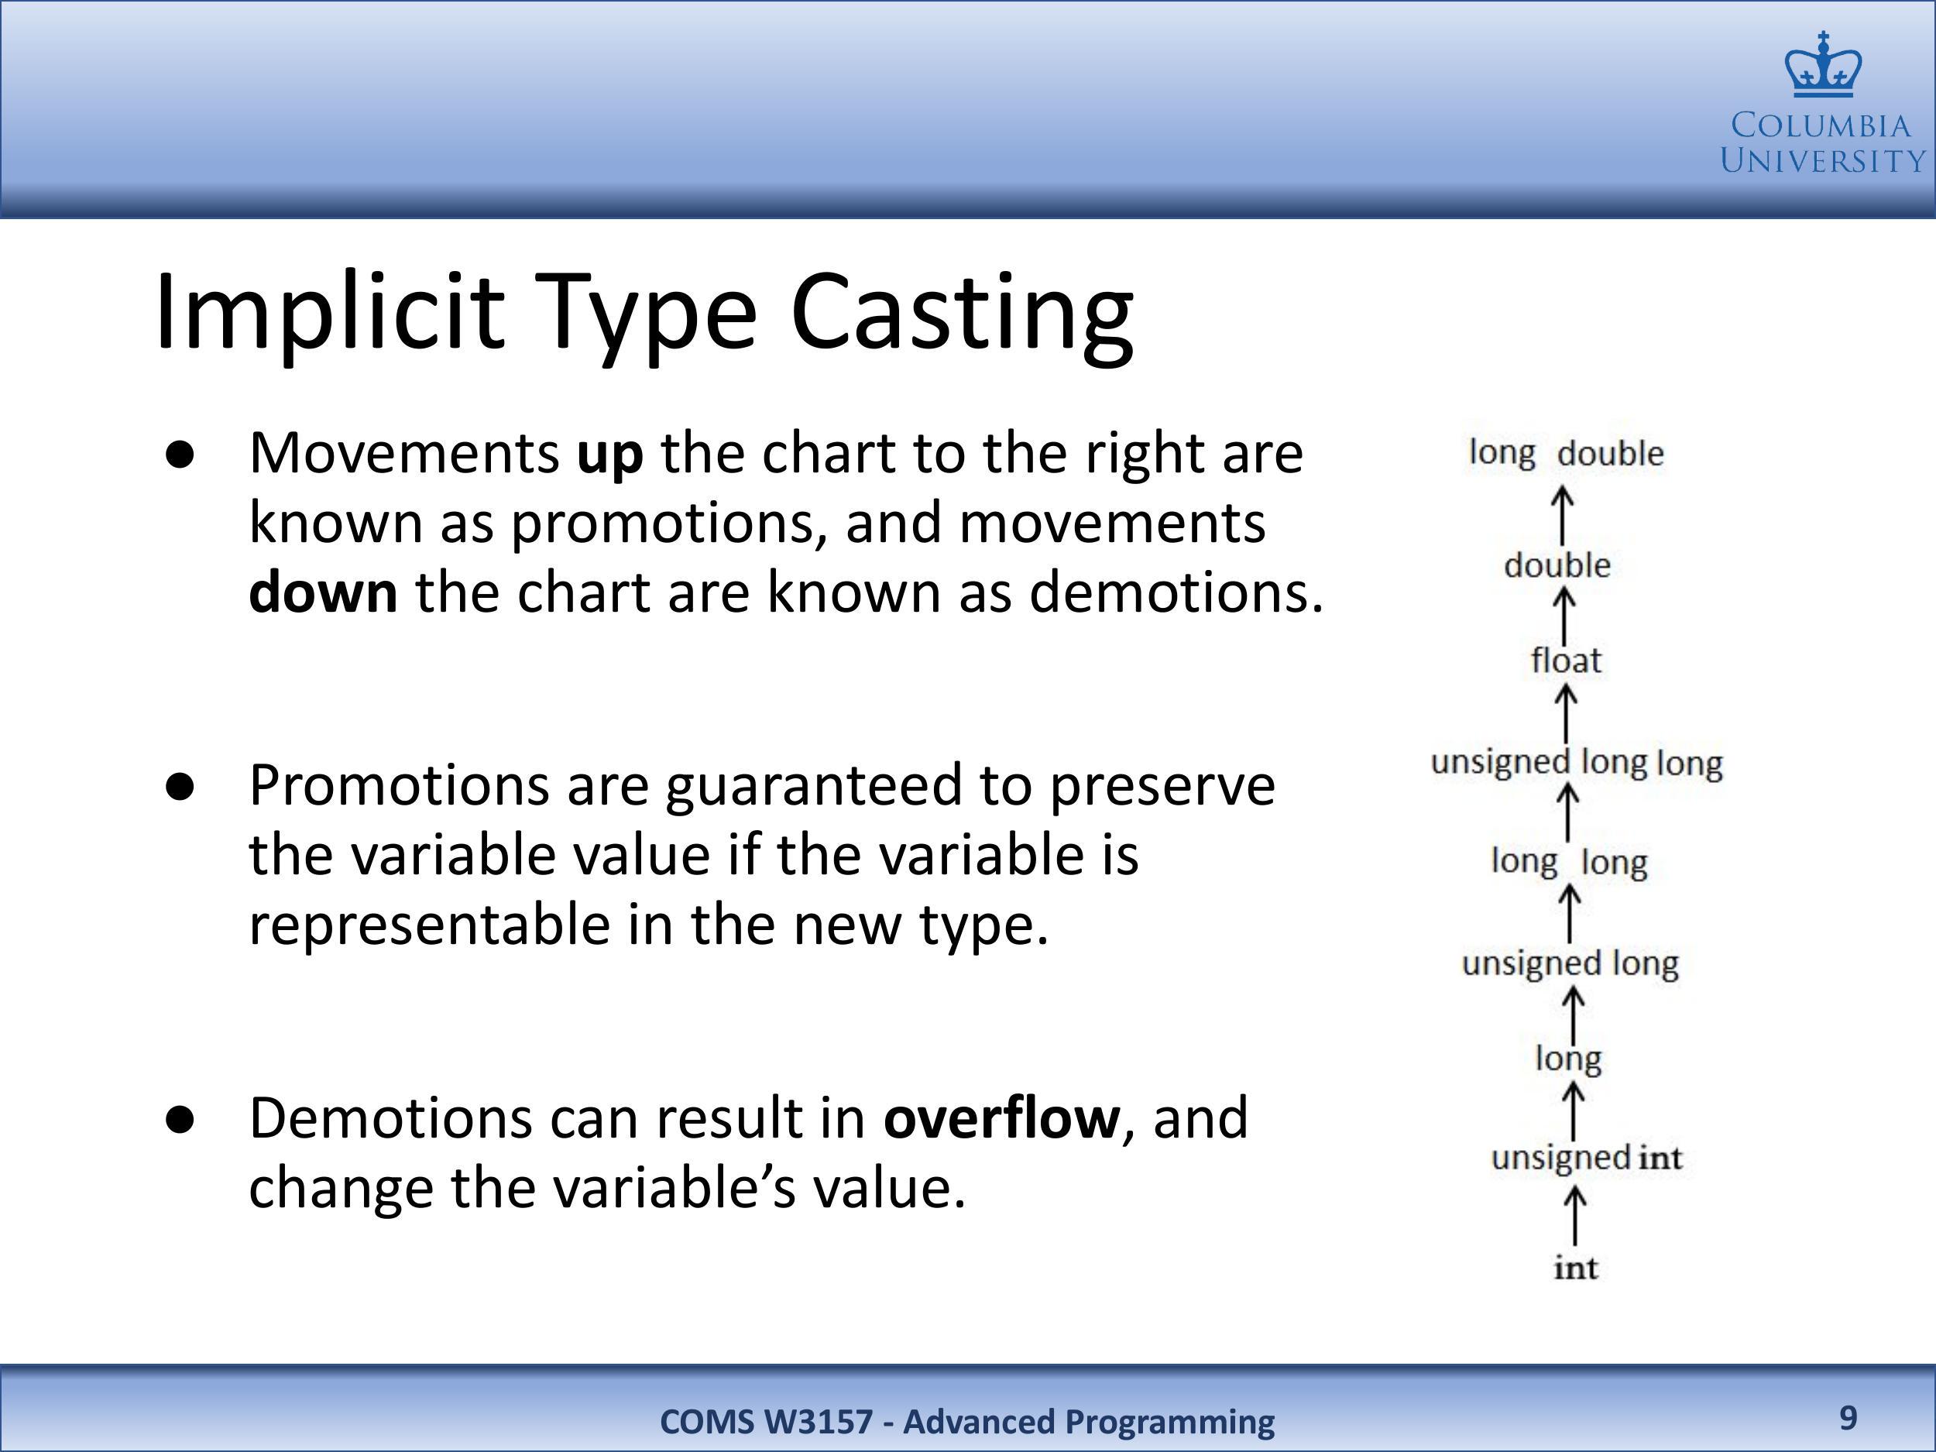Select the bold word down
pos(323,592)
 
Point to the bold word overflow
pos(1001,1117)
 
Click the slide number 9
pos(1848,1418)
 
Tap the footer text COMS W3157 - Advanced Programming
pos(967,1421)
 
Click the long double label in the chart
pos(1566,453)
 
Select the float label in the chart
pos(1566,660)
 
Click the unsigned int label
pos(1586,1158)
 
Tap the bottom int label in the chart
pos(1575,1268)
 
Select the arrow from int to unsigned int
pos(1574,1215)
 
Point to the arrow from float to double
pos(1564,616)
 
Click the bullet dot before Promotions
pos(180,787)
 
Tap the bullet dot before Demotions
pos(180,1121)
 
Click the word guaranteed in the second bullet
pos(813,785)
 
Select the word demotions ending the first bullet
pos(1176,592)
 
